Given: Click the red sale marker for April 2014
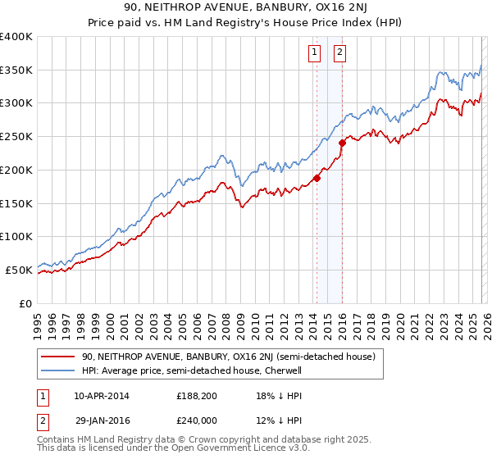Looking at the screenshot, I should click(317, 178).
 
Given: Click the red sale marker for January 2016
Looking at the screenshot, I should click(342, 143).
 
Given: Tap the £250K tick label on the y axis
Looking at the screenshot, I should click(16, 137).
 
